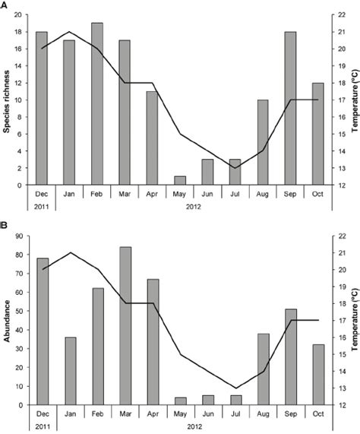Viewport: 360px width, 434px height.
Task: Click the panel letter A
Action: point(5,5)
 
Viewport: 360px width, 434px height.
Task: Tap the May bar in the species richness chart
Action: point(180,180)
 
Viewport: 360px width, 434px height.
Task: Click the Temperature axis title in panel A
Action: point(354,99)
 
